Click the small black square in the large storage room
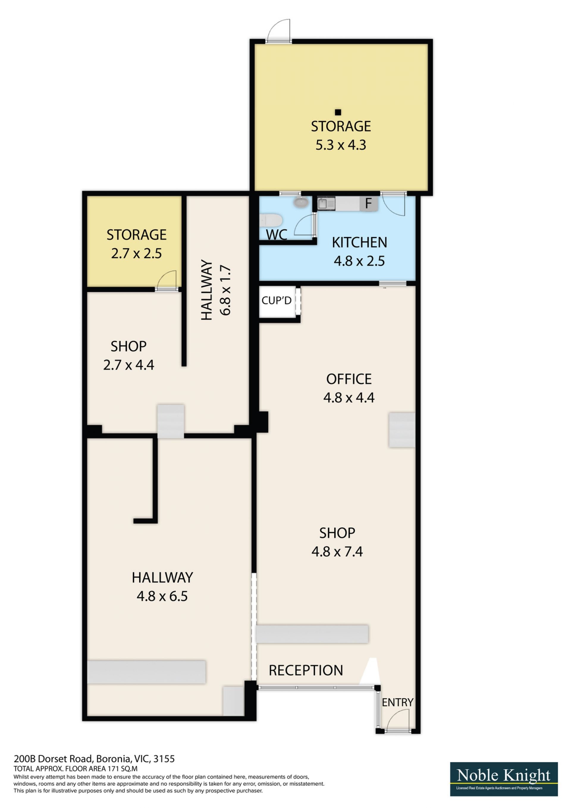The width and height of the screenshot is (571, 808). pyautogui.click(x=338, y=112)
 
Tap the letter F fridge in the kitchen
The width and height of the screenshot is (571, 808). pyautogui.click(x=368, y=203)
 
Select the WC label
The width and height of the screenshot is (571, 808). pyautogui.click(x=276, y=235)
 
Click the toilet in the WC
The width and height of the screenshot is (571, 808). pyautogui.click(x=271, y=221)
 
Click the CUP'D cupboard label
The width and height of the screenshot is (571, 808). pyautogui.click(x=276, y=300)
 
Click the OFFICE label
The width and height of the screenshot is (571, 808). pyautogui.click(x=349, y=379)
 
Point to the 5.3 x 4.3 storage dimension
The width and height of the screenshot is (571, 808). pyautogui.click(x=341, y=145)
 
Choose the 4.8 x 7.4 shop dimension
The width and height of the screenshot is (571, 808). pyautogui.click(x=337, y=551)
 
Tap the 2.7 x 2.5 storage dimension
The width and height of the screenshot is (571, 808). pyautogui.click(x=137, y=253)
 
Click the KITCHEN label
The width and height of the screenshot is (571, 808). pyautogui.click(x=359, y=242)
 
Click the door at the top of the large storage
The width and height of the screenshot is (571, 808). pyautogui.click(x=278, y=31)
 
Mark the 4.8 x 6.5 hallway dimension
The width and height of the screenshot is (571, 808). pyautogui.click(x=162, y=596)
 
